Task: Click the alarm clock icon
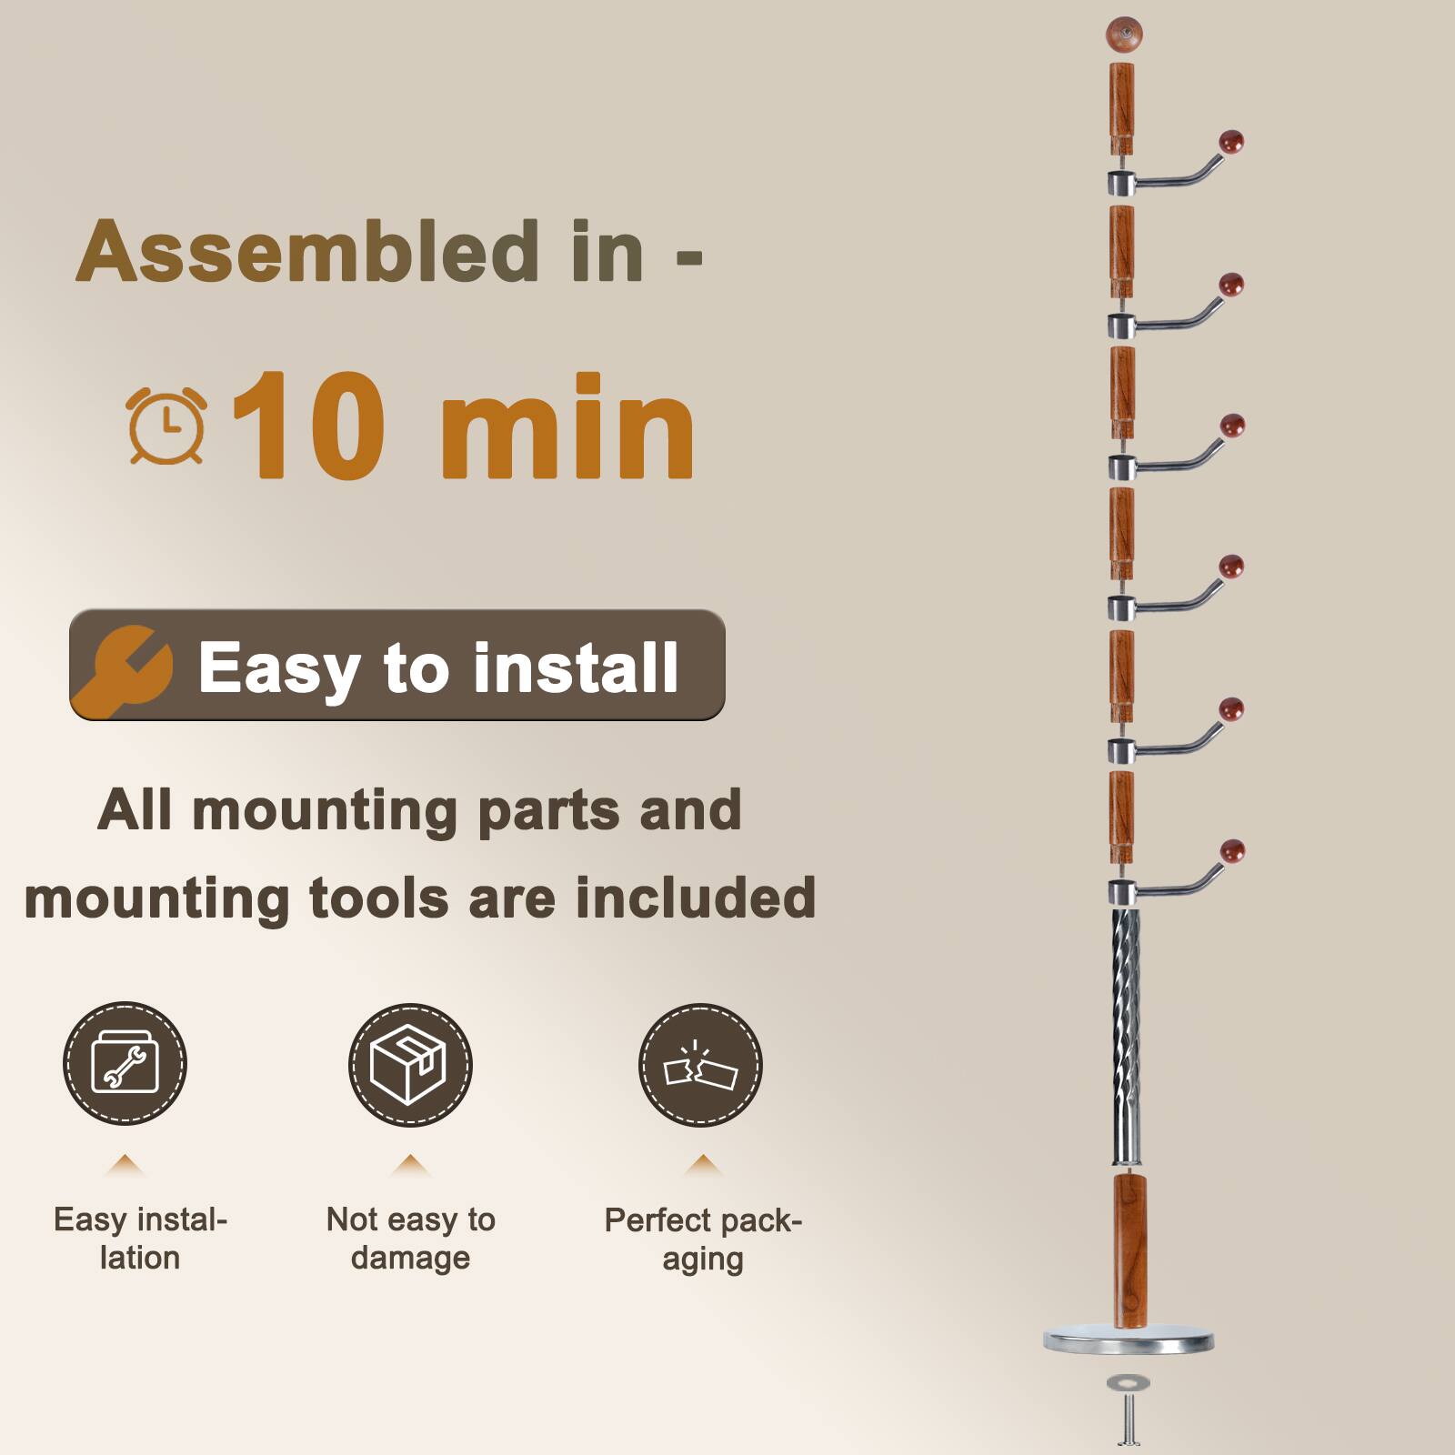166,426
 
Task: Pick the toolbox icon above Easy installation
125,1063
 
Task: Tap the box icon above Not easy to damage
410,1064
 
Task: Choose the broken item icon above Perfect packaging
700,1066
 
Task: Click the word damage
410,1259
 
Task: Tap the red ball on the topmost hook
1231,142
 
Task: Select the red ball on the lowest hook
1232,851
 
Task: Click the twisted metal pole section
1126,1037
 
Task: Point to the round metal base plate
1129,1340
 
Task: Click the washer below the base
1128,1383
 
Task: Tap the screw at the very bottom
1129,1424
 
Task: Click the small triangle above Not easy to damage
411,1164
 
